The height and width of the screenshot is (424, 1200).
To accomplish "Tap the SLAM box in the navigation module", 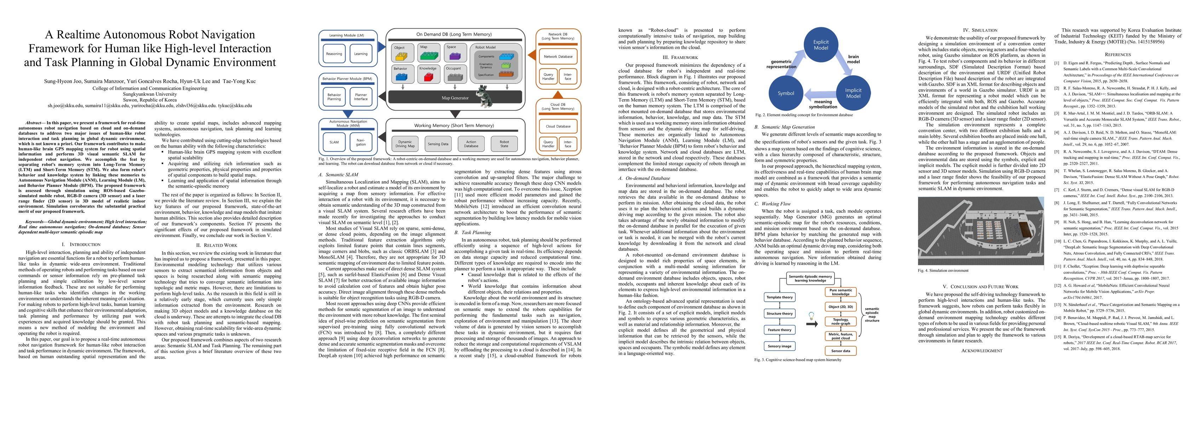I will pos(334,142).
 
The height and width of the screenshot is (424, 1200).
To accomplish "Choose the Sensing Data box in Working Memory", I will pos(438,144).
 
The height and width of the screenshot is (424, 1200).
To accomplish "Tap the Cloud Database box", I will pos(558,126).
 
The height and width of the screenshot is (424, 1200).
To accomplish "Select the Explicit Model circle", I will pos(821,45).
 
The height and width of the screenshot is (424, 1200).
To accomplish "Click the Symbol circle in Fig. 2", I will pos(785,93).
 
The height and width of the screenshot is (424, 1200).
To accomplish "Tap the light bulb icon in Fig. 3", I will pos(811,315).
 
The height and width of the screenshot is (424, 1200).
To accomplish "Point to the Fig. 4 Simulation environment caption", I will pos(943,270).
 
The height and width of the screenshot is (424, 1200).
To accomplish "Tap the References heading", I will pos(1118,54).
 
